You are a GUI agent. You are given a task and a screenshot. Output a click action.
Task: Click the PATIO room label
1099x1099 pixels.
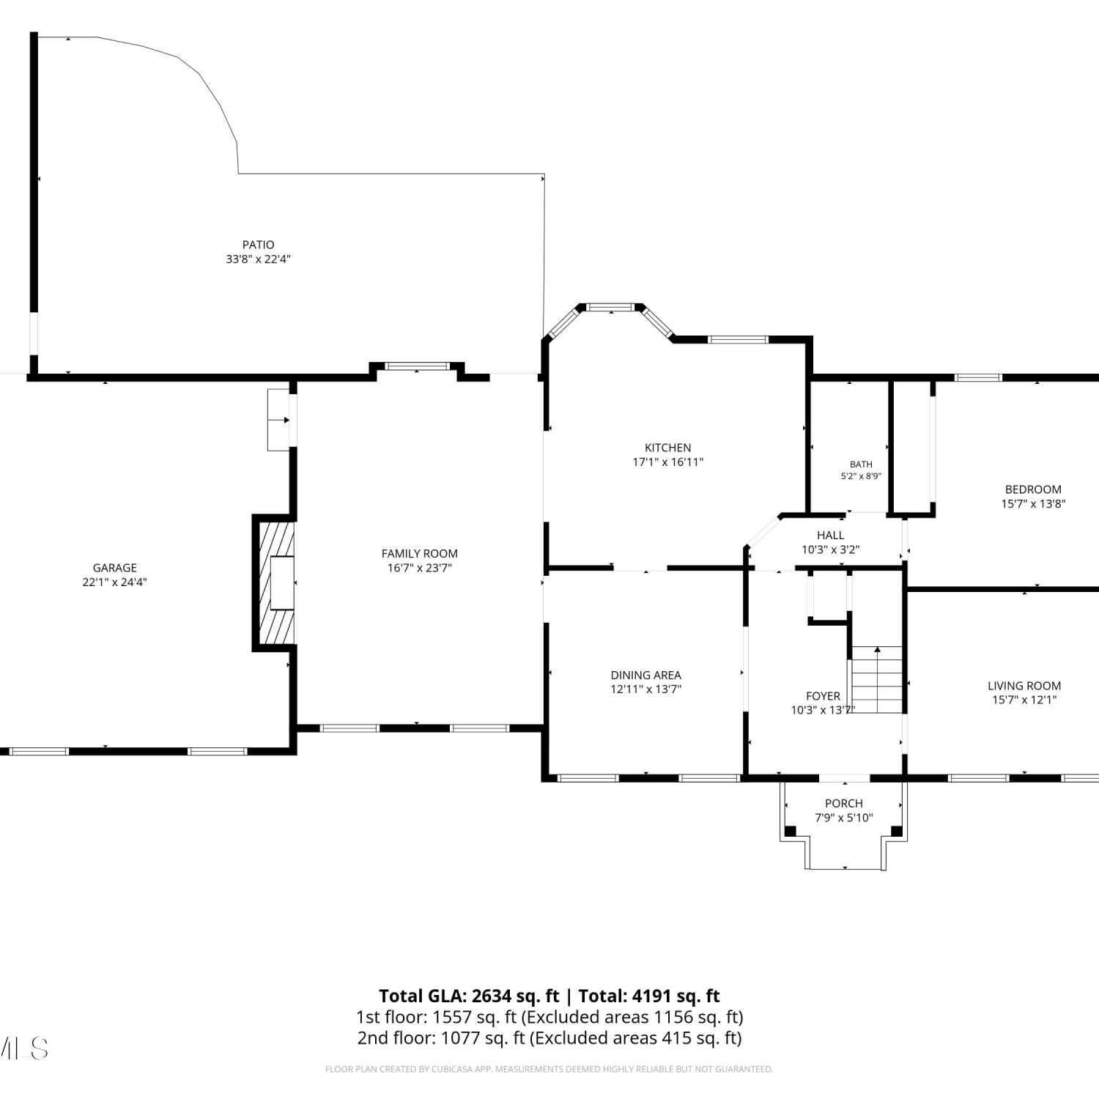pos(259,245)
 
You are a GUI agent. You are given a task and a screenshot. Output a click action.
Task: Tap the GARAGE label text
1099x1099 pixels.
pos(115,568)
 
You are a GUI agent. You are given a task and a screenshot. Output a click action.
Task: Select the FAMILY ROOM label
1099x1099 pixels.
pos(420,554)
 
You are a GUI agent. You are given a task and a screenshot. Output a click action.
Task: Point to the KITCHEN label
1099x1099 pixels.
pos(668,448)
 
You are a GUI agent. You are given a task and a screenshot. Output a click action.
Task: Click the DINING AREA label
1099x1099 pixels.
pos(646,675)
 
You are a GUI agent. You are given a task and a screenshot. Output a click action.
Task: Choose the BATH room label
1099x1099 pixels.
pos(862,465)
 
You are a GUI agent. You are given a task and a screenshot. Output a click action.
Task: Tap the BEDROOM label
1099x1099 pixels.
pos(1033,489)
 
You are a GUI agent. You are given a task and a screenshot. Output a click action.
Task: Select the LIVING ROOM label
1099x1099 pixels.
pos(1024,686)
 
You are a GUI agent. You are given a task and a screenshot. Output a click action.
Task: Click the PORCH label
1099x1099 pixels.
pos(844,804)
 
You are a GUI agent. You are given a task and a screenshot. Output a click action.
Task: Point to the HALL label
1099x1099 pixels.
pos(831,536)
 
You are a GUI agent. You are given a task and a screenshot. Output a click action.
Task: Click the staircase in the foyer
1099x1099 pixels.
pos(877,679)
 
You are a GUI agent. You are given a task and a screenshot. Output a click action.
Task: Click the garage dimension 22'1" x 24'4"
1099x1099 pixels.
pos(115,582)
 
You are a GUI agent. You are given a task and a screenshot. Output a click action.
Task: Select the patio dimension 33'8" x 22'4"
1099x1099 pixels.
pos(259,259)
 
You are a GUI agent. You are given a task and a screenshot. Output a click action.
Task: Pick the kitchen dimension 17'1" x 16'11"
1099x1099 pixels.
pos(668,462)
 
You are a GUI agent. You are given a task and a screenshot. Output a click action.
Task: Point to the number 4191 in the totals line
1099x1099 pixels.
pos(653,996)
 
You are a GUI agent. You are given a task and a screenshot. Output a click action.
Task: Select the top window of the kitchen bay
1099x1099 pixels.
pos(612,308)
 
